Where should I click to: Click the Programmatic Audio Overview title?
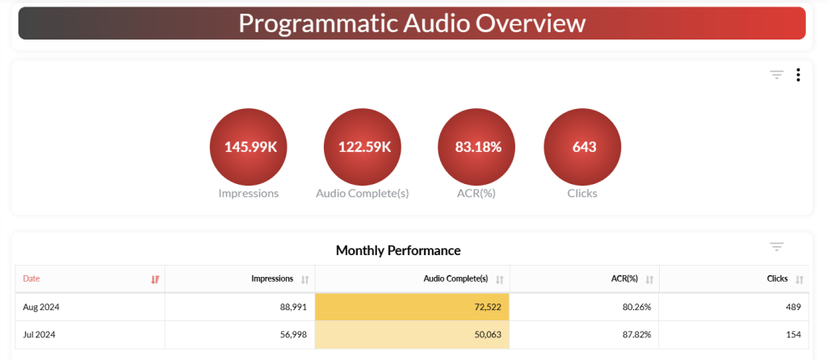(x=412, y=23)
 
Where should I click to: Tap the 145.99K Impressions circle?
(x=248, y=147)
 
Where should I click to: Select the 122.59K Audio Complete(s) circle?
(x=362, y=147)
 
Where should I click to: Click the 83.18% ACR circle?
(x=476, y=147)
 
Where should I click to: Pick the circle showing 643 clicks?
(x=582, y=147)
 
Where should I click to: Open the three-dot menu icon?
(x=798, y=75)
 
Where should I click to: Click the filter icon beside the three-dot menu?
(x=776, y=75)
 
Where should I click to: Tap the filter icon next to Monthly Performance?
(x=776, y=247)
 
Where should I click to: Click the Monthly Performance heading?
(x=398, y=250)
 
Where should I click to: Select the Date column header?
(x=31, y=278)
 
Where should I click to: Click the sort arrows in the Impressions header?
(x=304, y=279)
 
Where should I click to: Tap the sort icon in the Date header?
(x=155, y=279)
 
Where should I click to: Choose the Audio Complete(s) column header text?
(x=455, y=278)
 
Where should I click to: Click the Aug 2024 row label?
(x=41, y=307)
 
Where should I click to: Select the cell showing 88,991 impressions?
(x=292, y=307)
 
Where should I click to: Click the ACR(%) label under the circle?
(x=476, y=194)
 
